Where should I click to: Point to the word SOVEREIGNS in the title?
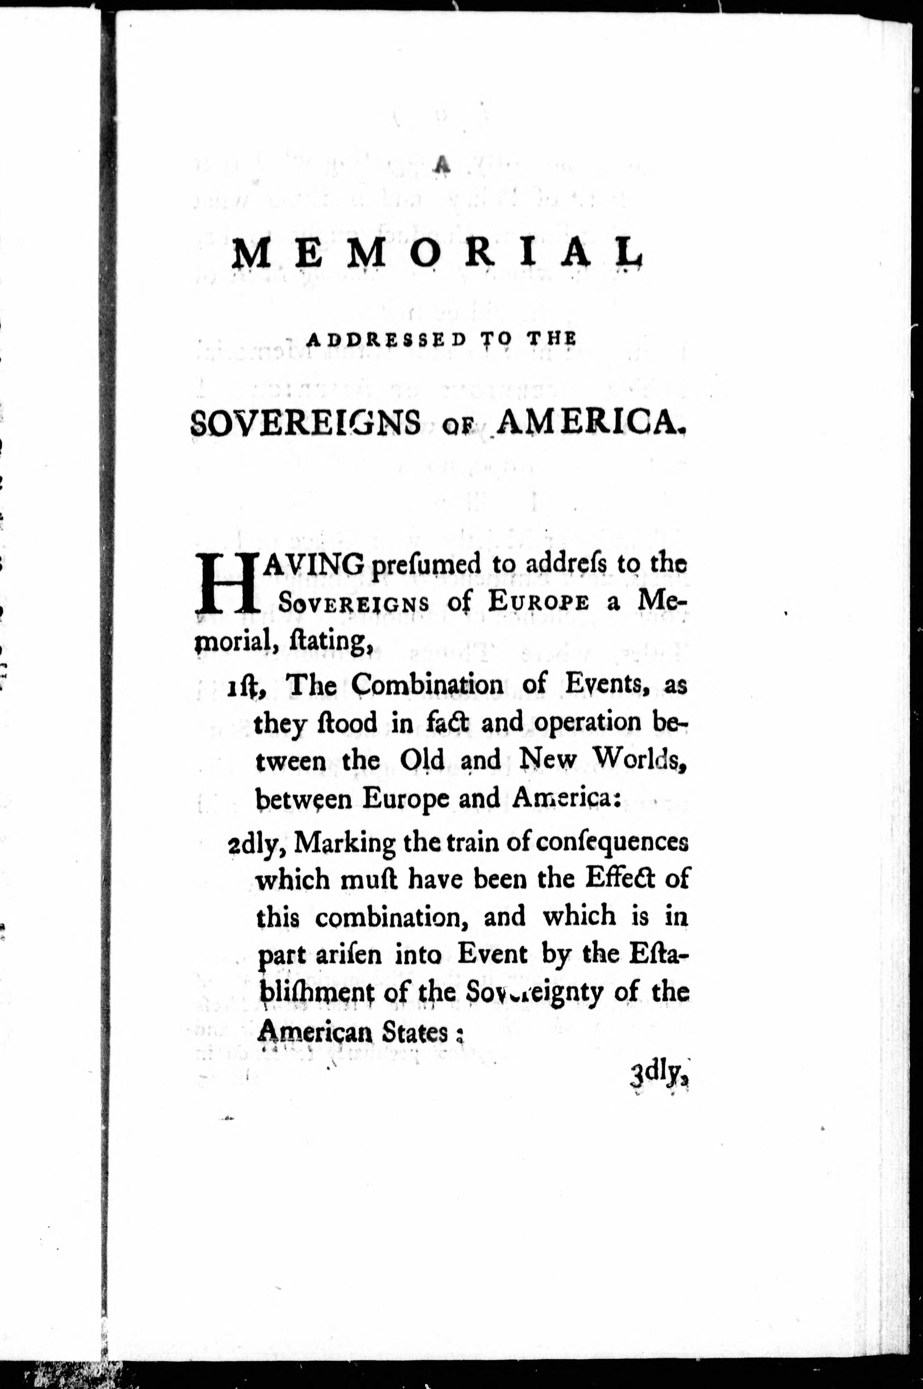[306, 422]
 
